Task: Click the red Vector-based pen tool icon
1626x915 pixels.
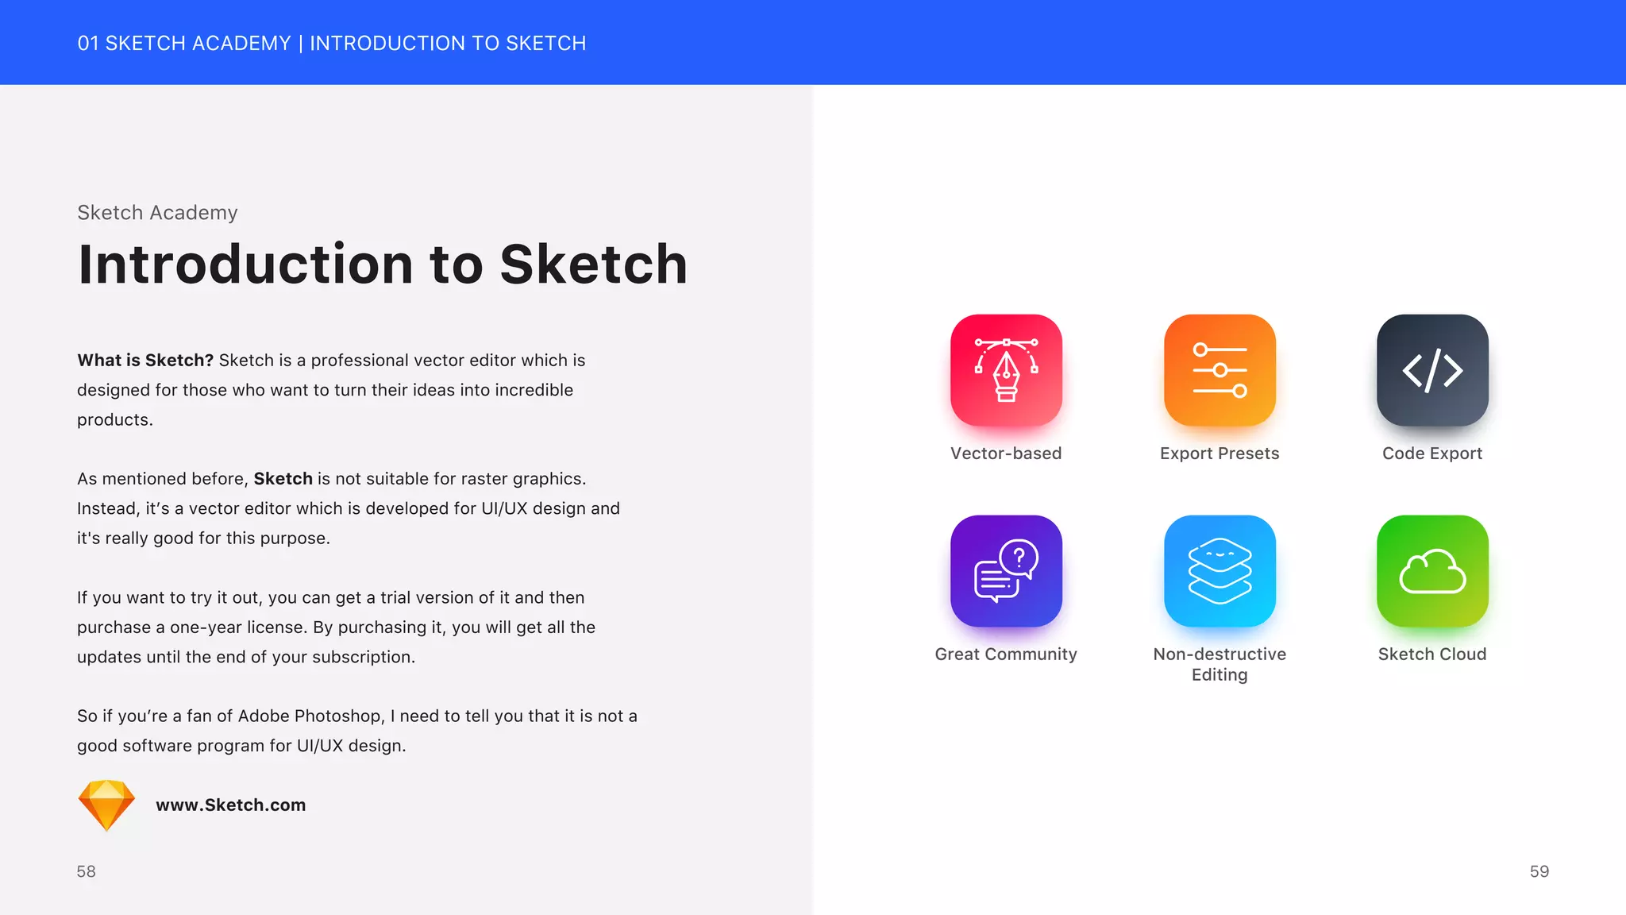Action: [x=1006, y=370]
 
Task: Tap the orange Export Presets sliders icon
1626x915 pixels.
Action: [x=1219, y=370]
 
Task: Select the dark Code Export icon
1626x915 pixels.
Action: [x=1432, y=370]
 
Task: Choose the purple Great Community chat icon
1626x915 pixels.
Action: [x=1006, y=571]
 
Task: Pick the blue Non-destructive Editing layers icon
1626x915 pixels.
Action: [x=1219, y=571]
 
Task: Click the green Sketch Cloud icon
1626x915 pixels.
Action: [x=1432, y=571]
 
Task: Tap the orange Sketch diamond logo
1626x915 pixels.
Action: [x=106, y=805]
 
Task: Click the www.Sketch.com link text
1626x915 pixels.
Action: [x=230, y=805]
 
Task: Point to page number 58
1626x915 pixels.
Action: [x=86, y=871]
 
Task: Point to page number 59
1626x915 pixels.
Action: [x=1539, y=871]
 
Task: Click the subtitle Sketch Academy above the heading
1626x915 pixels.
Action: [x=157, y=213]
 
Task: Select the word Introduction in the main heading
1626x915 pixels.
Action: [x=245, y=264]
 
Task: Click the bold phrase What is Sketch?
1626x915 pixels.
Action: [x=145, y=361]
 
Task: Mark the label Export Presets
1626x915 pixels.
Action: [x=1219, y=454]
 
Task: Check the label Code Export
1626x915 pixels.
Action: [x=1432, y=454]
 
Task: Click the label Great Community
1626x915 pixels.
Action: [x=1006, y=654]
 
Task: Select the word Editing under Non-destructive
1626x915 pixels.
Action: [x=1219, y=675]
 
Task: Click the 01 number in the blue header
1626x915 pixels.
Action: [x=87, y=44]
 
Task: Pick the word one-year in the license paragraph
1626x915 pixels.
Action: [x=206, y=627]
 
